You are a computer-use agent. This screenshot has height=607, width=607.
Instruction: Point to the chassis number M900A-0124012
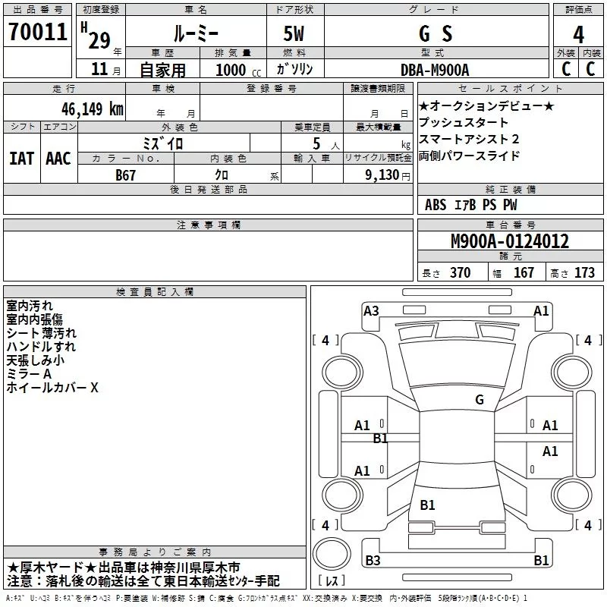510,241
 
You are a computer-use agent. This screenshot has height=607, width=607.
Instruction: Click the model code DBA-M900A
435,70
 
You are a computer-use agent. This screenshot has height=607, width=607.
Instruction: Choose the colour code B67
127,175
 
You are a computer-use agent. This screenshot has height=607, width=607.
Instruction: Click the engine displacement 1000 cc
236,70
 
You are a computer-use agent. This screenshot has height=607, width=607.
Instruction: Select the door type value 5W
295,33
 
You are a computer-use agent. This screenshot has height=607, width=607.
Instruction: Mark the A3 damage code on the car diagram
371,310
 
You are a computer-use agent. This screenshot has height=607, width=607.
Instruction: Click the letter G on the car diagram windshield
479,400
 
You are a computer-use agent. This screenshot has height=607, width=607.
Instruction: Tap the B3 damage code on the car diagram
373,561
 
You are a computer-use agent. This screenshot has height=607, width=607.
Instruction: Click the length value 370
460,273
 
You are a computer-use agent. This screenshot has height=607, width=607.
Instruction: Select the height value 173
584,273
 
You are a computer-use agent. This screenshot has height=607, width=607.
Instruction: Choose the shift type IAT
21,159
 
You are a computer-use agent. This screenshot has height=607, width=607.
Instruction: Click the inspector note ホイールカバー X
52,388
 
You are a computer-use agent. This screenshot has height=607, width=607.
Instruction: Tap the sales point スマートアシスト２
469,139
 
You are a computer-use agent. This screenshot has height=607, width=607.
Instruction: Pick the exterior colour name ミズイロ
163,143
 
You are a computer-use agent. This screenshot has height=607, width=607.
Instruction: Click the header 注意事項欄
209,225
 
